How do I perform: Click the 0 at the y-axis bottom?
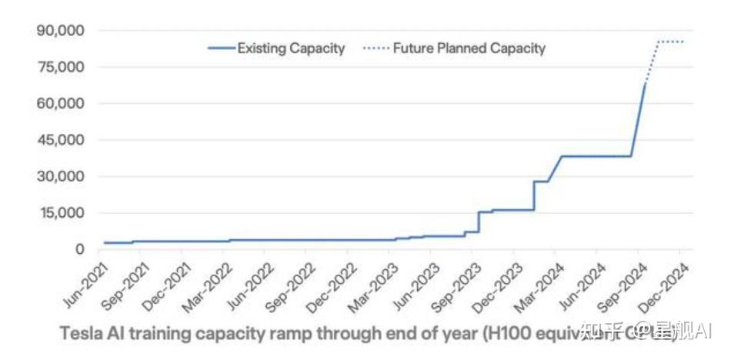pyautogui.click(x=79, y=249)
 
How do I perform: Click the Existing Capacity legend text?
pyautogui.click(x=291, y=48)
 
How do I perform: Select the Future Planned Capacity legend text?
pyautogui.click(x=469, y=48)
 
